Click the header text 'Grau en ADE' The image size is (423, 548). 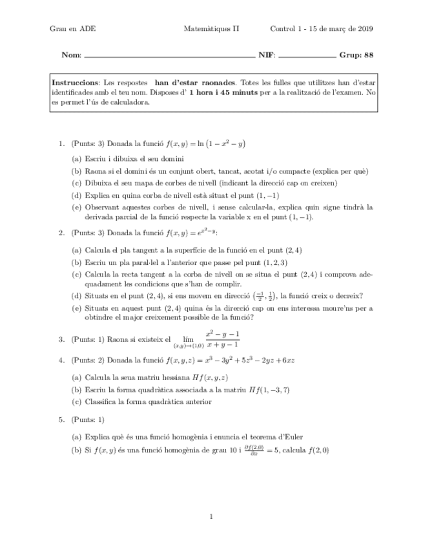[x=72, y=29]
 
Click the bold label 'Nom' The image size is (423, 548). [x=70, y=55]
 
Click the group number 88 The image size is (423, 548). [x=369, y=55]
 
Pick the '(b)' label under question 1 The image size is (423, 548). [x=76, y=171]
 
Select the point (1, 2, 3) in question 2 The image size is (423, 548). [x=274, y=263]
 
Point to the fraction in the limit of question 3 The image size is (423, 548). [x=222, y=339]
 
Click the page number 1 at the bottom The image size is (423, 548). [x=212, y=516]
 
